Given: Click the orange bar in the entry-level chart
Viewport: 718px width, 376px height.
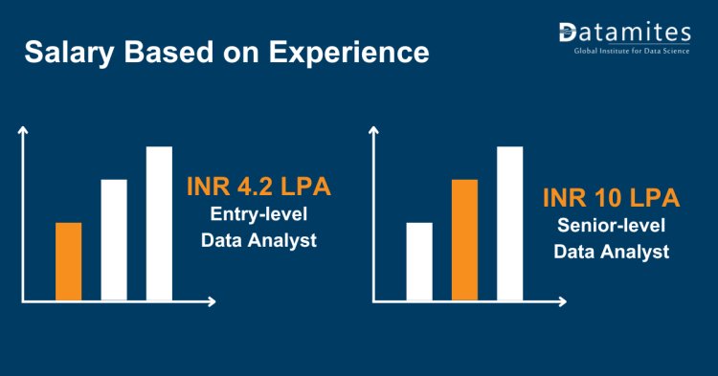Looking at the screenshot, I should coord(69,260).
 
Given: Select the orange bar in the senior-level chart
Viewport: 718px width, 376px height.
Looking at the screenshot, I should coord(464,239).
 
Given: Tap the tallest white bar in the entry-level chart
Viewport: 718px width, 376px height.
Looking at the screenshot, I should coord(159,222).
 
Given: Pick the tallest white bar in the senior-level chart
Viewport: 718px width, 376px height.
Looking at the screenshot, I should coord(509,222).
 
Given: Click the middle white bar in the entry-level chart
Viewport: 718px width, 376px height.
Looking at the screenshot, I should coord(114,239).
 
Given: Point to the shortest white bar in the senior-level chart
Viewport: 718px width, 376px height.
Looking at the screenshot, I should coord(419,260).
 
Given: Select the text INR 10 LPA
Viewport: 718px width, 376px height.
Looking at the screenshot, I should coord(611,199).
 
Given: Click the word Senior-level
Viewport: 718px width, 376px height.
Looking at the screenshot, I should coord(611,227).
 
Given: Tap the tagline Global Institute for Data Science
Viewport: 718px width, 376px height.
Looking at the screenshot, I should coord(630,50).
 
